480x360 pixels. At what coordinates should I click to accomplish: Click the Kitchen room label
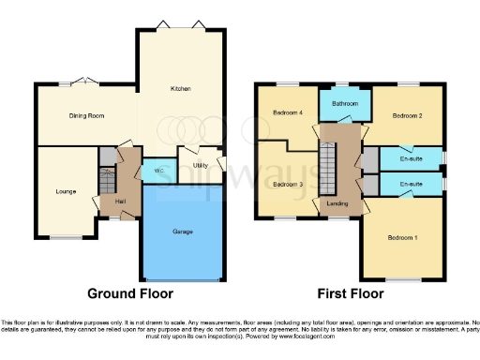(180, 89)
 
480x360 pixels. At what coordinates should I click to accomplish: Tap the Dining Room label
(86, 116)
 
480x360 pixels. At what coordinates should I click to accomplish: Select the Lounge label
(65, 191)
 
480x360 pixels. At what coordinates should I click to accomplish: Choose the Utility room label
(200, 166)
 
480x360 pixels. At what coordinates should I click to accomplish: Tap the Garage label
(182, 231)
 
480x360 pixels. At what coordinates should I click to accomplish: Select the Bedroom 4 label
(287, 113)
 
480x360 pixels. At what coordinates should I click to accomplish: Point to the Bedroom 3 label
(287, 184)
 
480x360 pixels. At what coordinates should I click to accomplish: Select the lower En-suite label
(411, 185)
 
